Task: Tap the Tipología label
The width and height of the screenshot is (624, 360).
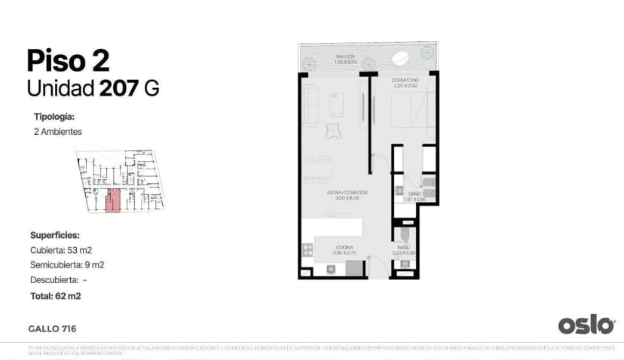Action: point(54,117)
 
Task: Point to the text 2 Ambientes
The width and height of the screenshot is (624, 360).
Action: point(58,132)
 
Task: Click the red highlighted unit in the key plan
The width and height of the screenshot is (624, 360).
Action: point(114,201)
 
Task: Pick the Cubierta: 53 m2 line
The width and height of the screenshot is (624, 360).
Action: point(61,249)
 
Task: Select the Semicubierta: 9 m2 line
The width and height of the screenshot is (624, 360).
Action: point(67,264)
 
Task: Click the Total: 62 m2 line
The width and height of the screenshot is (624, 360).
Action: point(56,296)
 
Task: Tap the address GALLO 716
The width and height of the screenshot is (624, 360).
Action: point(52,328)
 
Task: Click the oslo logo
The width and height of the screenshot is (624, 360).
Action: point(586,325)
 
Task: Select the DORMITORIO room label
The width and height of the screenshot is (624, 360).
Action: point(405,79)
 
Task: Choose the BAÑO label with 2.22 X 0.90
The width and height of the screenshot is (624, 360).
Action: point(403,249)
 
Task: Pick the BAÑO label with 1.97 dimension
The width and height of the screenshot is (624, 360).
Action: point(409,195)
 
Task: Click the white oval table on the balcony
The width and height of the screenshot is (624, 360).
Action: point(402,56)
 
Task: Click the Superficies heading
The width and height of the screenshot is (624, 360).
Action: point(55,235)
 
